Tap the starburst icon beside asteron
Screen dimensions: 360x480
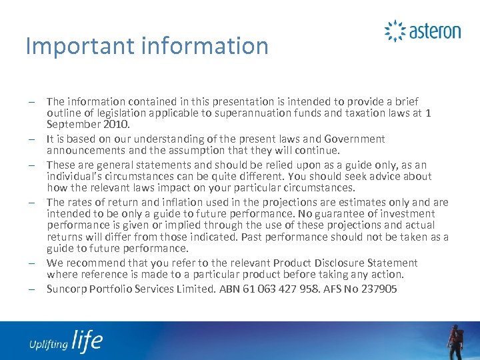point(395,31)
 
